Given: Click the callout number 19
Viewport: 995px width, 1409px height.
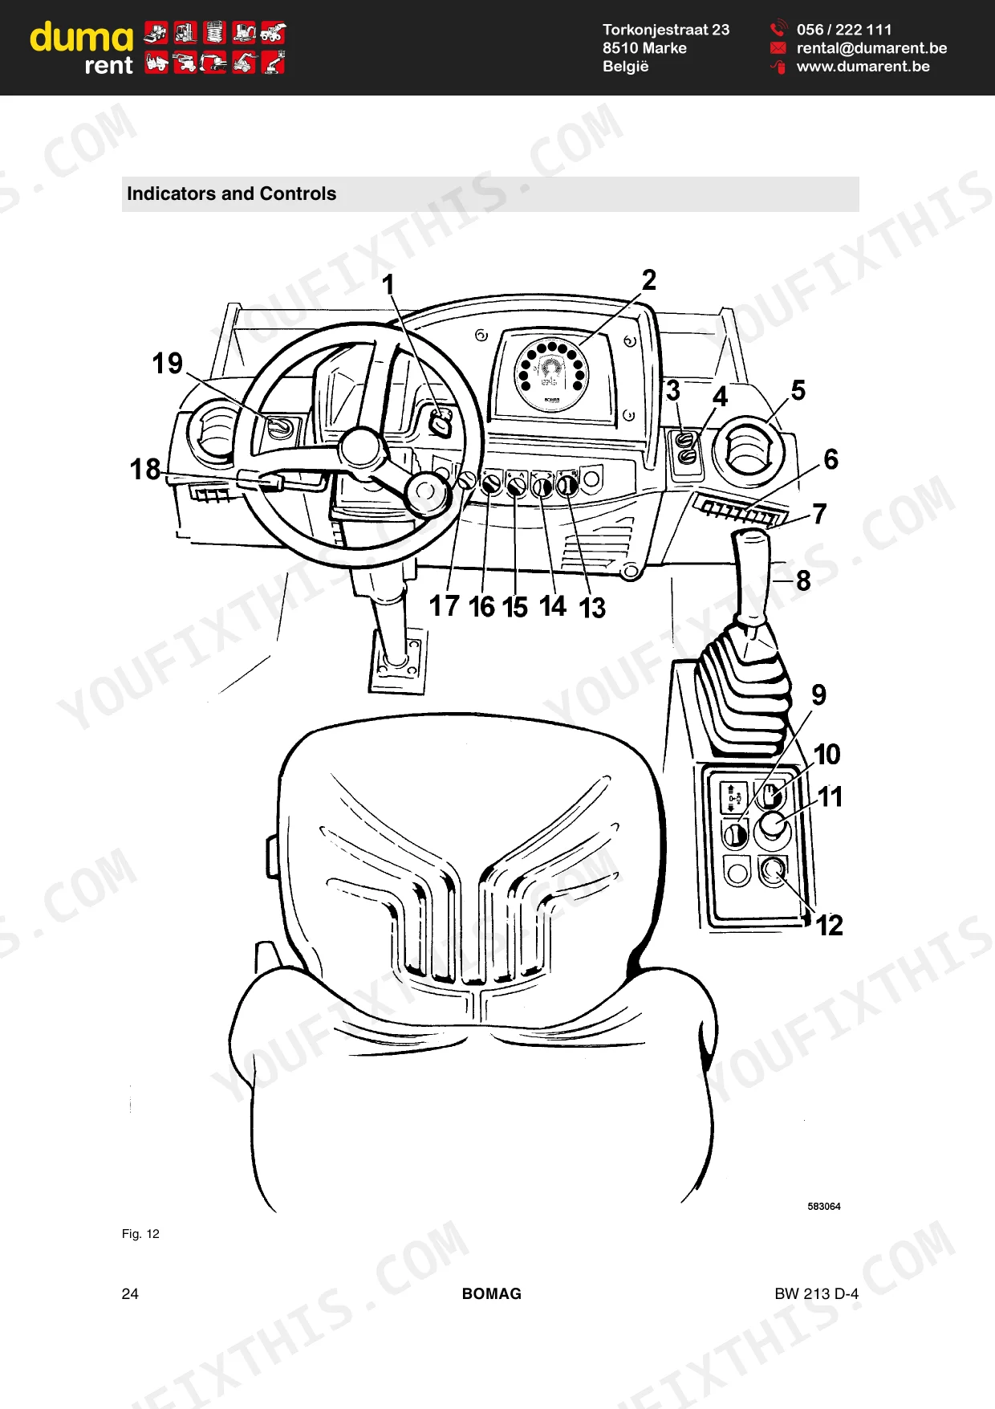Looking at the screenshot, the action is pyautogui.click(x=168, y=363).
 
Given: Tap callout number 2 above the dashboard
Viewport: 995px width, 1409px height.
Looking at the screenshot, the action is pyautogui.click(x=649, y=279).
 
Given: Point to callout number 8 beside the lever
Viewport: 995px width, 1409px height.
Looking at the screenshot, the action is pyautogui.click(x=803, y=580).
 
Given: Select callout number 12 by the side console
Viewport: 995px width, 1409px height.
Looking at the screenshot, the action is pyautogui.click(x=830, y=926).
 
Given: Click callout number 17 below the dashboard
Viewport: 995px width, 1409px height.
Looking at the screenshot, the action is pyautogui.click(x=445, y=606).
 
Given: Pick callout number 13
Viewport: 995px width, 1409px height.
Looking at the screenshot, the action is pyautogui.click(x=592, y=608).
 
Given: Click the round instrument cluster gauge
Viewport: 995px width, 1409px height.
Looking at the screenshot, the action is pyautogui.click(x=551, y=374).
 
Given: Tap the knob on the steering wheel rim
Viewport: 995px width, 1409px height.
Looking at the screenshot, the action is pyautogui.click(x=427, y=491).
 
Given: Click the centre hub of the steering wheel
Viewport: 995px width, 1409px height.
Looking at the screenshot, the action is pyautogui.click(x=361, y=448).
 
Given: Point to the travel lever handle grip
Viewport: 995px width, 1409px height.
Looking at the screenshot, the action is pyautogui.click(x=752, y=576).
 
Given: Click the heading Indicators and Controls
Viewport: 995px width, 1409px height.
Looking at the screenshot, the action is pyautogui.click(x=231, y=193).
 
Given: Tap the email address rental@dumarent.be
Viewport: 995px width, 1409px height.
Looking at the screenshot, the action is pyautogui.click(x=871, y=48).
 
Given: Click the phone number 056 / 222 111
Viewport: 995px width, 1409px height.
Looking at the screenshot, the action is pyautogui.click(x=844, y=30).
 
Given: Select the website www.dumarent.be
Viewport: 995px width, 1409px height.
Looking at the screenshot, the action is pyautogui.click(x=863, y=67).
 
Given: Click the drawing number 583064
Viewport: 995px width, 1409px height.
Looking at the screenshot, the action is pyautogui.click(x=824, y=1207).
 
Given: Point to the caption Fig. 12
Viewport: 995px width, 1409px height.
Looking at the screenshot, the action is pyautogui.click(x=140, y=1234).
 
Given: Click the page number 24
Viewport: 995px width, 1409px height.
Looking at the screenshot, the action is pyautogui.click(x=130, y=1293).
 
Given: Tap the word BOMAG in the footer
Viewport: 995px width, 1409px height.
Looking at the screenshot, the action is pyautogui.click(x=492, y=1293).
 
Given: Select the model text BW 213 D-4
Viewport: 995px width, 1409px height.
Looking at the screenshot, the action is pyautogui.click(x=816, y=1293).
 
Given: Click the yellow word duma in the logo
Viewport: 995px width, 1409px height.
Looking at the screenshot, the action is pyautogui.click(x=82, y=37).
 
